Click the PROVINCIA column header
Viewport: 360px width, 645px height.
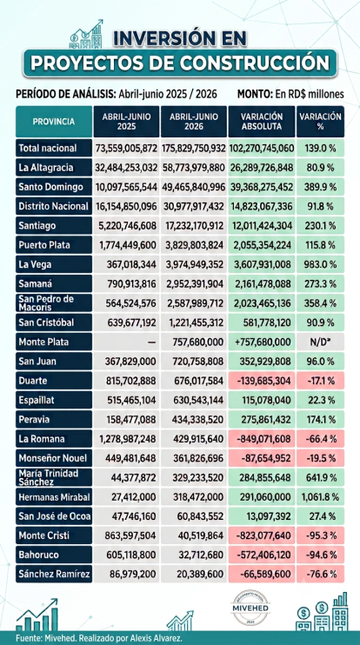click(x=54, y=122)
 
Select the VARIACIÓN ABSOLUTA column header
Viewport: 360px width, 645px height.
click(x=262, y=122)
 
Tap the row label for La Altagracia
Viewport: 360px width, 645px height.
click(x=54, y=168)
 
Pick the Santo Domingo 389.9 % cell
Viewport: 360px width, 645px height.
click(x=320, y=187)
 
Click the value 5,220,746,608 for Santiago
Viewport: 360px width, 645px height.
click(x=126, y=226)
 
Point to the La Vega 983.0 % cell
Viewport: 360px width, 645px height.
click(x=320, y=264)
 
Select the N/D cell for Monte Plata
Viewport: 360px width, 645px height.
click(x=320, y=342)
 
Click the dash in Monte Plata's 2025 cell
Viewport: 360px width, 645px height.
click(x=152, y=342)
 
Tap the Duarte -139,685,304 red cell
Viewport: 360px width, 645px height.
click(x=262, y=381)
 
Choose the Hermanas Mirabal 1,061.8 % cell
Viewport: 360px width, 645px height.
click(x=320, y=497)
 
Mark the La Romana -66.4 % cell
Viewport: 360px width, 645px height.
click(x=320, y=438)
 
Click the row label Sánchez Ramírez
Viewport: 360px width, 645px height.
click(x=54, y=574)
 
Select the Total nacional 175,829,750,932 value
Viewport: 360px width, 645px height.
click(x=194, y=149)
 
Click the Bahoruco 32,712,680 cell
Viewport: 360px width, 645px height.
click(x=194, y=555)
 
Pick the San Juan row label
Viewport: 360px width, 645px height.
click(x=54, y=361)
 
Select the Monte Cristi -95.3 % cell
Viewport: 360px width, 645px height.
click(x=320, y=535)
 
